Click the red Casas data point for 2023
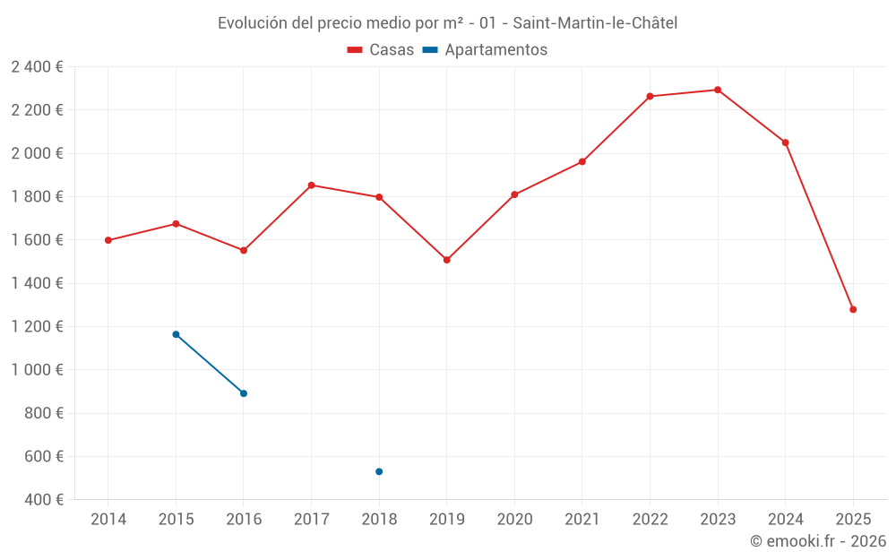click(x=718, y=90)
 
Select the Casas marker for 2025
click(x=853, y=309)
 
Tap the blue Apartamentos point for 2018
click(x=379, y=471)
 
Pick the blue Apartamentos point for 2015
click(x=176, y=334)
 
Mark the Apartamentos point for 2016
click(x=244, y=393)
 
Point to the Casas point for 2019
click(x=447, y=260)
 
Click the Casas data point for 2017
click(x=312, y=185)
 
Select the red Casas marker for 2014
click(x=108, y=240)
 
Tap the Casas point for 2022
click(x=650, y=96)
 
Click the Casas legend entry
click(x=381, y=50)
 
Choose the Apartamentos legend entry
click(x=485, y=50)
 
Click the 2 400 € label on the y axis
click(x=37, y=67)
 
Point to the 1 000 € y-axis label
click(x=37, y=370)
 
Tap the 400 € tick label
click(x=42, y=500)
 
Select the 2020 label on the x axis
click(x=514, y=520)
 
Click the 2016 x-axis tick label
click(x=244, y=520)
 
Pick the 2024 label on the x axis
click(x=785, y=520)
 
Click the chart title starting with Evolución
click(x=447, y=22)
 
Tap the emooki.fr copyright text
click(x=817, y=541)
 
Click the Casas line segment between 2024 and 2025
click(x=819, y=226)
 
